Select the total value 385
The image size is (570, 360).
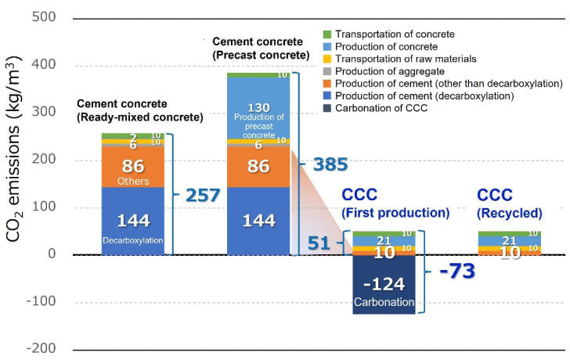pos(330,164)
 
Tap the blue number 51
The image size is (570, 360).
pos(319,244)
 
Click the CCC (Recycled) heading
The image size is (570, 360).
pos(510,203)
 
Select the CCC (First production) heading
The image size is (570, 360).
pos(395,203)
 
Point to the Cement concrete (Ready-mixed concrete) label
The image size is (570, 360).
pos(139,110)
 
